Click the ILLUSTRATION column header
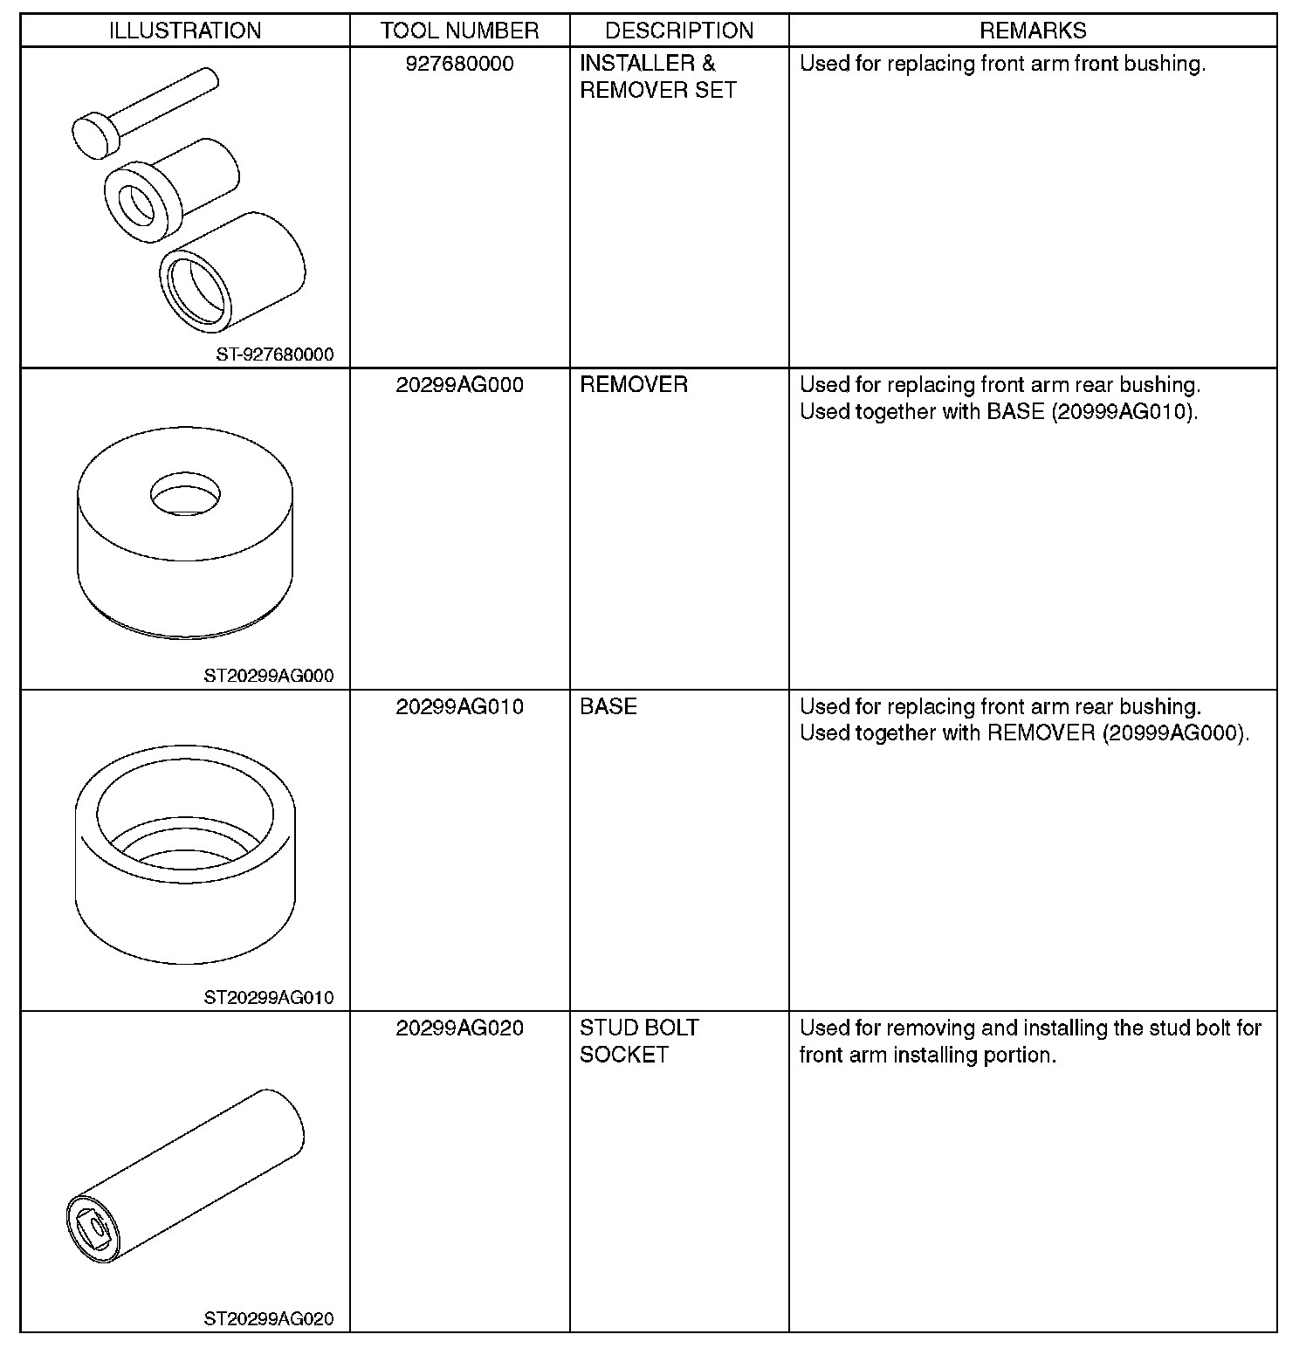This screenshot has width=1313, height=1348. (x=185, y=31)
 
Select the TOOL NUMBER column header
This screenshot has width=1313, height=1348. (x=459, y=31)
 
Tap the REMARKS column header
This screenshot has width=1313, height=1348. (x=1033, y=31)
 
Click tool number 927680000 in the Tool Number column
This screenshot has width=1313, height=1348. (x=459, y=64)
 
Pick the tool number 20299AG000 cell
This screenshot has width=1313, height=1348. (x=459, y=385)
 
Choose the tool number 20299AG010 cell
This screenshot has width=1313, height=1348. (x=459, y=706)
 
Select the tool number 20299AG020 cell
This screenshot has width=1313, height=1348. (x=459, y=1028)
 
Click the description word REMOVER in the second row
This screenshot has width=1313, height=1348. (x=634, y=385)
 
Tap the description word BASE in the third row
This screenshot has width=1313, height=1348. (x=608, y=706)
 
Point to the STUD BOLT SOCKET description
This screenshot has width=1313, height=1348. (x=639, y=1041)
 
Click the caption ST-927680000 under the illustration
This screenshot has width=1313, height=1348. (x=275, y=355)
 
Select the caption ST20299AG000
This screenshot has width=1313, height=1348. (x=269, y=676)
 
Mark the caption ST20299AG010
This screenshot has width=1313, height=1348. (x=269, y=997)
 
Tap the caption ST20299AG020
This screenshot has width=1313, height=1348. (x=269, y=1319)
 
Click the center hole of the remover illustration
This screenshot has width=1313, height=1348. (x=185, y=493)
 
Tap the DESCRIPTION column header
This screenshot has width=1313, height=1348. (x=679, y=31)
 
